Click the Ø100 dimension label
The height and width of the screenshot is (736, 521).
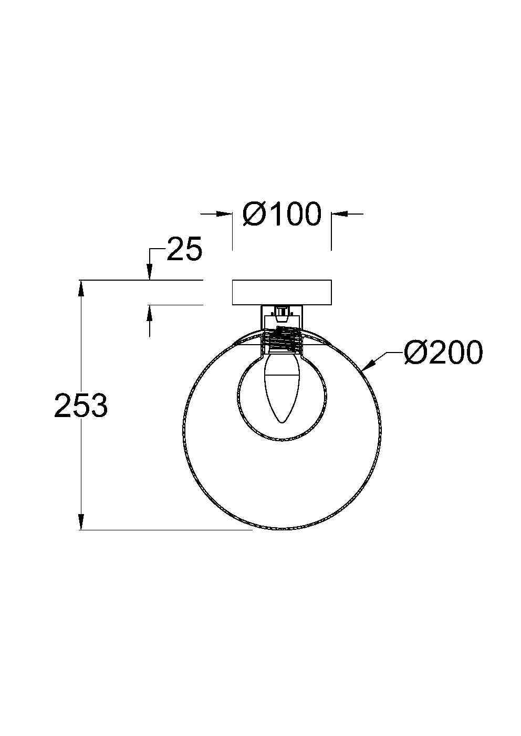coord(282,215)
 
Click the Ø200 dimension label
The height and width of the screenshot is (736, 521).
coord(443,353)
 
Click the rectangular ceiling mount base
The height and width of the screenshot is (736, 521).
coord(282,293)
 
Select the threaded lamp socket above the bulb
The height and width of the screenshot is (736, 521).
coord(282,339)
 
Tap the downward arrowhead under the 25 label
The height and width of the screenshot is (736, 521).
coord(150,273)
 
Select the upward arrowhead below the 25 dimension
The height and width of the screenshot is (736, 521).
coord(150,312)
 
